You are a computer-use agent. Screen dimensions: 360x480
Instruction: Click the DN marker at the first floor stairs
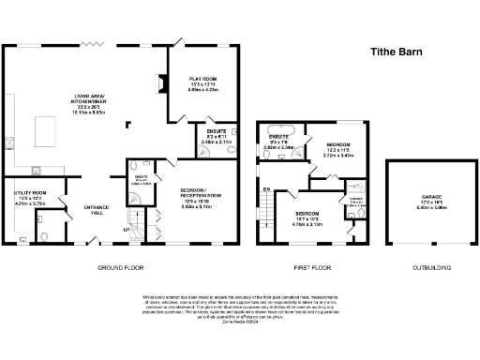pyautogui.click(x=266, y=190)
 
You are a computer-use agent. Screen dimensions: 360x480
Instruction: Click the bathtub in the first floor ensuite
pyautogui.click(x=278, y=130)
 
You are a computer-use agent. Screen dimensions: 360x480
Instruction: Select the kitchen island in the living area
pyautogui.click(x=44, y=127)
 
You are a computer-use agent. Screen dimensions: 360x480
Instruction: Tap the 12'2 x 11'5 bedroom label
pyautogui.click(x=335, y=150)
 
